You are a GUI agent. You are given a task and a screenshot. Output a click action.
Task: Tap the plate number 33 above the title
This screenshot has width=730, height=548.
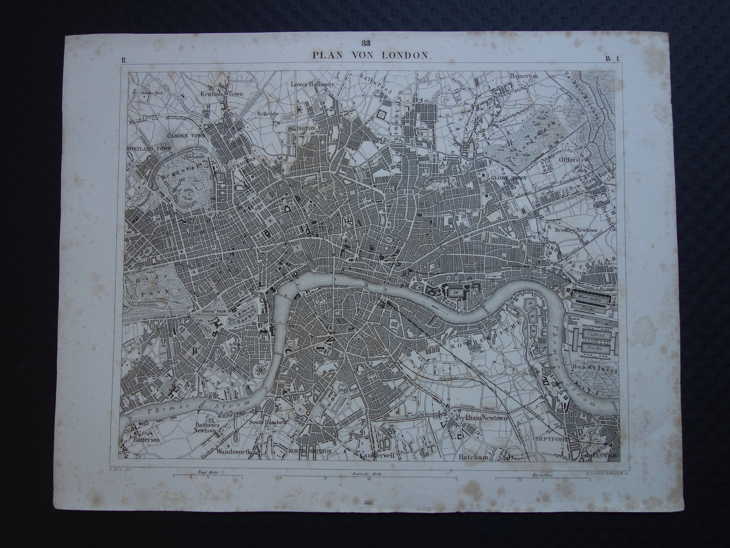pos(365,43)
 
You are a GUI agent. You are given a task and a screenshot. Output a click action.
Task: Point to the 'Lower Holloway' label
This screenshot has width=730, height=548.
pos(313,84)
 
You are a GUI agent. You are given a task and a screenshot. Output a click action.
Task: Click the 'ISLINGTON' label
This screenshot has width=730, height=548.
pos(302,129)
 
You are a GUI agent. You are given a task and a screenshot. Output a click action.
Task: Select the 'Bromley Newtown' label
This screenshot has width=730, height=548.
pos(575,230)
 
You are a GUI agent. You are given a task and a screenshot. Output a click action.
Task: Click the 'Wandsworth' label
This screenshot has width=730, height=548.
pos(233,452)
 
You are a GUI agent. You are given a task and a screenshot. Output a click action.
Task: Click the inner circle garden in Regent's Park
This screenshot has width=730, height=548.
pos(190,193)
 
